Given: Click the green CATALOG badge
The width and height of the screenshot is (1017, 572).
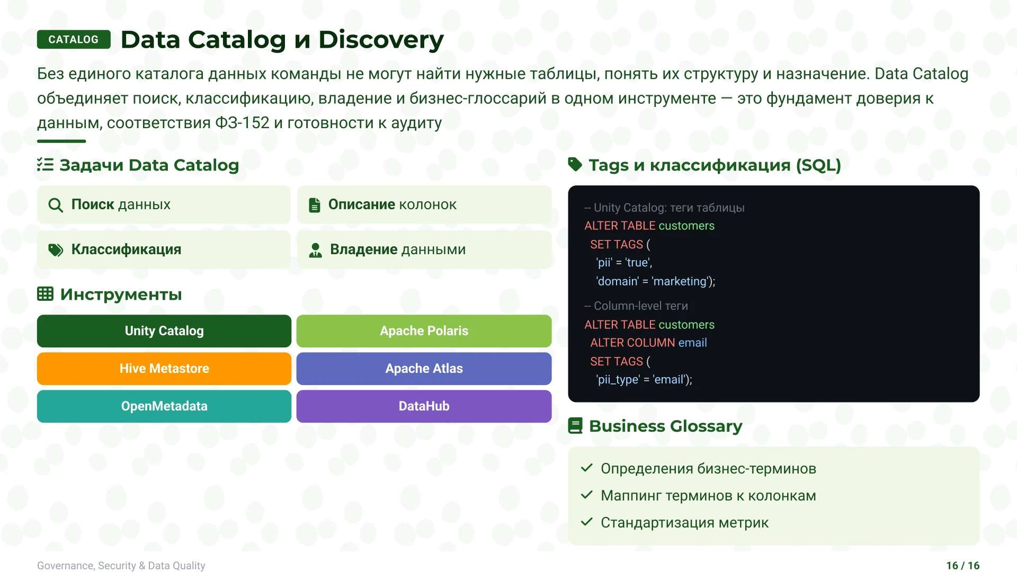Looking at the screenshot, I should (74, 40).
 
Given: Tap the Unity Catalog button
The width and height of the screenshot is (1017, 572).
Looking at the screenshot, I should (164, 331).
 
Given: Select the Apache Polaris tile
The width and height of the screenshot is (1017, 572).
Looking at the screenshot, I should (424, 331).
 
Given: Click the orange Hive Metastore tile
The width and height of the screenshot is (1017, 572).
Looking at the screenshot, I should (164, 369).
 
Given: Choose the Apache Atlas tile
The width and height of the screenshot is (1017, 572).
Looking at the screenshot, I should (424, 369).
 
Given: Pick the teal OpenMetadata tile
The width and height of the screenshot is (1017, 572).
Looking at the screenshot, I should (164, 406).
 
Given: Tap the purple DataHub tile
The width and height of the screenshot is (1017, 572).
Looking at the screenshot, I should (424, 406).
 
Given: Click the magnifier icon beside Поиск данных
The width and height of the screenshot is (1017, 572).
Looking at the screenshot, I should (56, 205).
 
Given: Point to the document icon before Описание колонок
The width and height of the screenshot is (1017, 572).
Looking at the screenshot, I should (315, 205).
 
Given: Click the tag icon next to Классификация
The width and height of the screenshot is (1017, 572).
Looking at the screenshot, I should (56, 250).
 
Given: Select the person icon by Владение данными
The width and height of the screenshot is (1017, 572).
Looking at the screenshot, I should (316, 250).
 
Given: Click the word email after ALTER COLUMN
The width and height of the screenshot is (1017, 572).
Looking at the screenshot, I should (692, 343).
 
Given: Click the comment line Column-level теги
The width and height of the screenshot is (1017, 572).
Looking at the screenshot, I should (636, 306).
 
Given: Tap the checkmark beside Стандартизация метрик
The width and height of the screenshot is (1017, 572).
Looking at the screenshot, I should (586, 522).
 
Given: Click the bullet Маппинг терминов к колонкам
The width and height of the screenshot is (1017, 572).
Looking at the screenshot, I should (708, 496).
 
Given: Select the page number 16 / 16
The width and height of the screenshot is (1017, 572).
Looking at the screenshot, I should (962, 566).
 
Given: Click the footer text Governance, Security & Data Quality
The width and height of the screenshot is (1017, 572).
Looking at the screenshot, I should (121, 566).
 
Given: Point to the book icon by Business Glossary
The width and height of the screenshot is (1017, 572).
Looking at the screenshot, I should (575, 426).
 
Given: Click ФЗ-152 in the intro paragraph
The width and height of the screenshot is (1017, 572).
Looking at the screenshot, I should (242, 123).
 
